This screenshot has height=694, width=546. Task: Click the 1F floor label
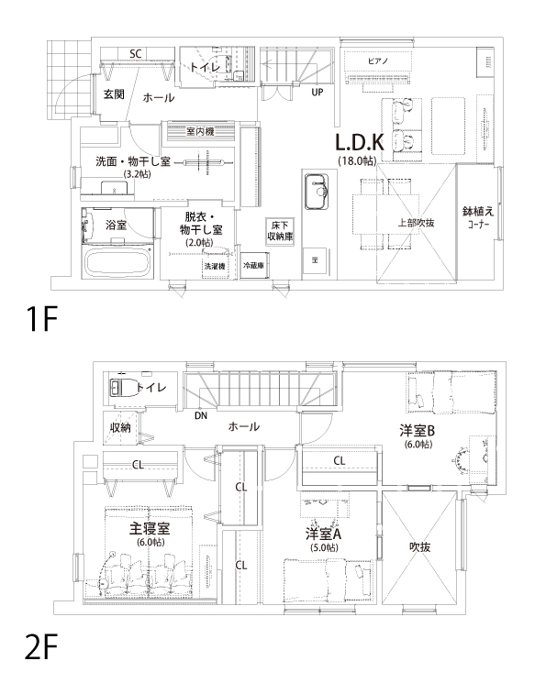point(42,320)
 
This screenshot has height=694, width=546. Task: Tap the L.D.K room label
point(360,142)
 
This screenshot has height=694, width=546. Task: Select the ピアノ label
point(378,61)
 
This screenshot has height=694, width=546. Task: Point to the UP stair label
point(318,92)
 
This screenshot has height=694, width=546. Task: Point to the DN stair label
point(201,415)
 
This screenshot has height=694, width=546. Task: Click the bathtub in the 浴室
point(117,262)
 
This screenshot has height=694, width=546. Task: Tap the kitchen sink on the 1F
point(317,191)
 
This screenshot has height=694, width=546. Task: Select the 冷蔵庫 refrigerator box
point(254,266)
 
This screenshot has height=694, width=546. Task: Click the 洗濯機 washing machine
point(216,266)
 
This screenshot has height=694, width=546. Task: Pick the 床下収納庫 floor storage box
point(280,231)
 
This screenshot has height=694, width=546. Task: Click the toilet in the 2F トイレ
point(121,388)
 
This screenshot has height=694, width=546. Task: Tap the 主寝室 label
point(150,528)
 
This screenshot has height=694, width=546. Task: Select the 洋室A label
point(324,534)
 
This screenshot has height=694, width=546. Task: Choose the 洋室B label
point(418,430)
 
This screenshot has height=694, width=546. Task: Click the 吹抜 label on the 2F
point(419,547)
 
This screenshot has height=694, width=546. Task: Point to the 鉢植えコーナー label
point(478,217)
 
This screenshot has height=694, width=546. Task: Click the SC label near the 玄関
point(136,53)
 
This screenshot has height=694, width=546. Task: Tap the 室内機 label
point(200,131)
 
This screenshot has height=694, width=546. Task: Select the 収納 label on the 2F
point(120,427)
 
